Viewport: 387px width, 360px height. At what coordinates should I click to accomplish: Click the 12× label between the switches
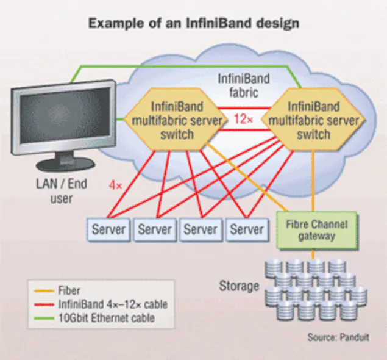[243, 120]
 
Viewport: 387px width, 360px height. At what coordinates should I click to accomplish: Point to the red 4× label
[116, 182]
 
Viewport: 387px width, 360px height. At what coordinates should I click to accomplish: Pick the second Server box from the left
[155, 230]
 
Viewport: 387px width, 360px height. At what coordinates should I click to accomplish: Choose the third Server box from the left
[201, 230]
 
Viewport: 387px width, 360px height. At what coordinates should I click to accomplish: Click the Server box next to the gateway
[246, 230]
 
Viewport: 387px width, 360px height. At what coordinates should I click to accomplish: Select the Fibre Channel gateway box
[316, 230]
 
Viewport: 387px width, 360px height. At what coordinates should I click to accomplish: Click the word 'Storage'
[240, 286]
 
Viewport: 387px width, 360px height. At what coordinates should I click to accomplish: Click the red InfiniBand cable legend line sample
[44, 304]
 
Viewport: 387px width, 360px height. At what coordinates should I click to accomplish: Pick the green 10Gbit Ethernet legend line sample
[44, 318]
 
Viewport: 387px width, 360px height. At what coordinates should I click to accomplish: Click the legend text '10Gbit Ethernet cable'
[106, 318]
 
